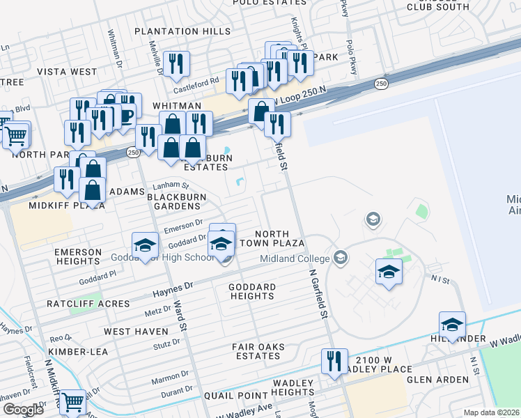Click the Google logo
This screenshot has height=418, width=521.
(23, 410)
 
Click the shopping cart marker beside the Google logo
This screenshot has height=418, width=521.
(72, 403)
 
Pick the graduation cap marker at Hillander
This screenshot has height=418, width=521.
(452, 325)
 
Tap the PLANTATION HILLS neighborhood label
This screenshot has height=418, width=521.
(182, 31)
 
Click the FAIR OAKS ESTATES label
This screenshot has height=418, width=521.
(257, 350)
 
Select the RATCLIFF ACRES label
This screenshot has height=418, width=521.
(88, 304)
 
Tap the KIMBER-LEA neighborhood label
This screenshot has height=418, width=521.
(77, 352)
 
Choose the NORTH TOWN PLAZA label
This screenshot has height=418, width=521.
(279, 238)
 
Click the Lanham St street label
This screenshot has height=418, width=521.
(176, 185)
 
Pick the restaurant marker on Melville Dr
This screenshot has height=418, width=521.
(176, 64)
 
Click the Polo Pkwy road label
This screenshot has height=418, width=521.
(345, 8)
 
